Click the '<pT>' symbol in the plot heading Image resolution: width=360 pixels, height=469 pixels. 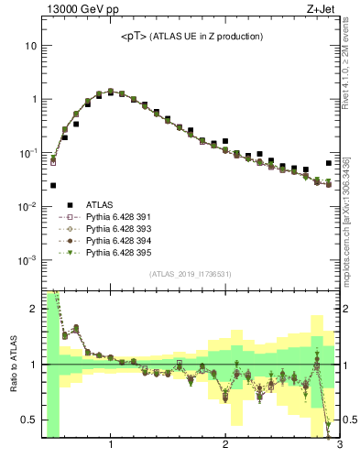(135, 37)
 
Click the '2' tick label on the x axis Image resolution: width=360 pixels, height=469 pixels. (225, 445)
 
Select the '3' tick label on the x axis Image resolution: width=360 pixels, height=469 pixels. (339, 445)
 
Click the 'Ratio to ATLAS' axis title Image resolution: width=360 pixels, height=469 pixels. (12, 363)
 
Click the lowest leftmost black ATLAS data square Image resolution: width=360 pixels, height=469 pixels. (53, 185)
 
